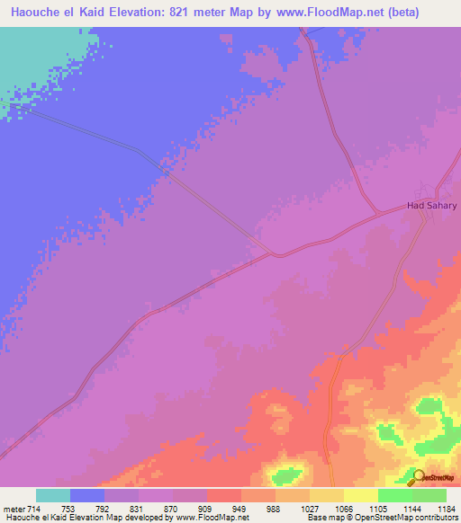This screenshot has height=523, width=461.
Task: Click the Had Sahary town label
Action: pyautogui.click(x=432, y=206)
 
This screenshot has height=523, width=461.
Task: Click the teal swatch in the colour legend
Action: pyautogui.click(x=53, y=495)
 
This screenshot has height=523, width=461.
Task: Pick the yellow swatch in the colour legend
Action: pyautogui.click(x=360, y=495)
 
